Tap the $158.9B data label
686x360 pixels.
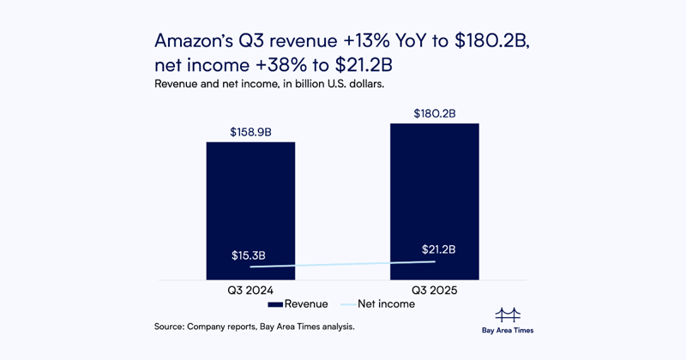click(250, 133)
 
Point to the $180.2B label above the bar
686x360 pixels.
click(435, 114)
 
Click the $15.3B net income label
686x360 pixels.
click(249, 255)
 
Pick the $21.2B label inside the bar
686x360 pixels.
click(438, 249)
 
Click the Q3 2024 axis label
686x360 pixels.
click(250, 291)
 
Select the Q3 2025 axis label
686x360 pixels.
click(434, 291)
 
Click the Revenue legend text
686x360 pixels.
click(306, 304)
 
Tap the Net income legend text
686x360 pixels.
click(386, 304)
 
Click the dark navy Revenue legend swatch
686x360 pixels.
click(274, 304)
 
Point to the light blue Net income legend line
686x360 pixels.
click(348, 304)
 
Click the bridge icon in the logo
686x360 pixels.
click(508, 315)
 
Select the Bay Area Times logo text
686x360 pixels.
click(508, 330)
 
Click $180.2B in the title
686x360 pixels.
click(486, 41)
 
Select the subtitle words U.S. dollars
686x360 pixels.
click(351, 84)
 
